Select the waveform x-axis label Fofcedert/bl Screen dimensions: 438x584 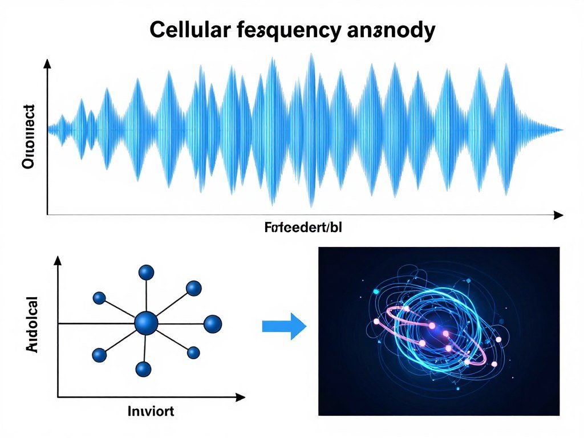pos(303,229)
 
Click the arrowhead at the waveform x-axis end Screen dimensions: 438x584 pos(558,214)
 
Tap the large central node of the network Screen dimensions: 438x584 pos(147,323)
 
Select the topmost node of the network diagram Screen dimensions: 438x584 pos(147,273)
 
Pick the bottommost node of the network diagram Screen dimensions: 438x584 pos(144,369)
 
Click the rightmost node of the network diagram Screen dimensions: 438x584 pos(212,324)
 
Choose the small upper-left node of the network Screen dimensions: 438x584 pos(99,297)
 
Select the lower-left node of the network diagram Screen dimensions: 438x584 pos(99,355)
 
